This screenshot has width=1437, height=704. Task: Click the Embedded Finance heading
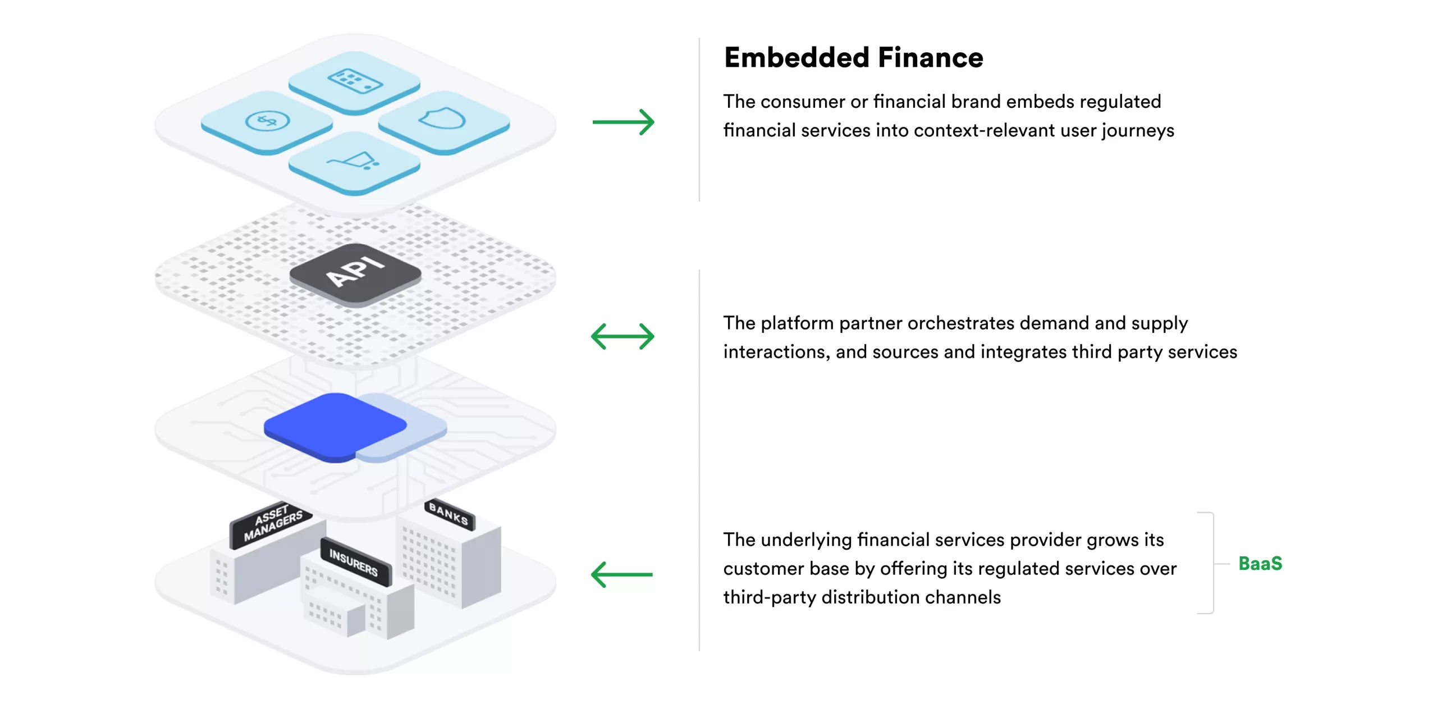(x=853, y=58)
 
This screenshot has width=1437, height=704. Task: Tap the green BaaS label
(x=1260, y=563)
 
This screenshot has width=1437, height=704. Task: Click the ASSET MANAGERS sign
(x=272, y=523)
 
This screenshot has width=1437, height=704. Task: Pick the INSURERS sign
(x=354, y=562)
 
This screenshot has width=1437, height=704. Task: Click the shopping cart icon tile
(x=354, y=162)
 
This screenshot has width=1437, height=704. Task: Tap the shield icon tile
(x=443, y=121)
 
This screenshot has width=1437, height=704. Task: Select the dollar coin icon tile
(x=267, y=121)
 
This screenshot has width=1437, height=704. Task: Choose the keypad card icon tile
(x=354, y=81)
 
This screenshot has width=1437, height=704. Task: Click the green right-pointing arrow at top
(x=623, y=122)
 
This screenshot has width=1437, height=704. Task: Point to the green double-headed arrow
(x=623, y=336)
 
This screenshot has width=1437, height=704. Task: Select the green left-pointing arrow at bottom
(x=622, y=574)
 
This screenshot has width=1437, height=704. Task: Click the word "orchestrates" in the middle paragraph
(x=960, y=323)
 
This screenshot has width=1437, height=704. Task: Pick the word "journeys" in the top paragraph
(x=1138, y=131)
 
